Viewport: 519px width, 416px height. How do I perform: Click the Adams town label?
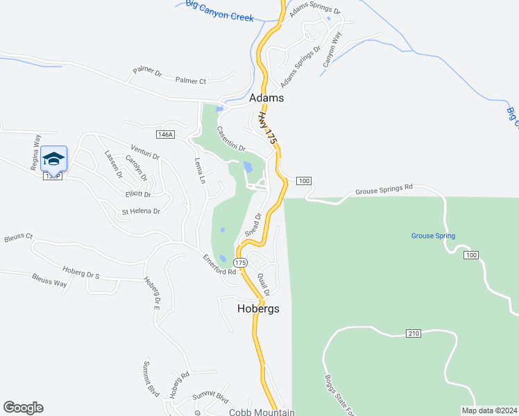[x=266, y=98]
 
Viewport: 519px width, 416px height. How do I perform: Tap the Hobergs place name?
[x=258, y=309]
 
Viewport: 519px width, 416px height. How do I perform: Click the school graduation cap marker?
[x=53, y=159]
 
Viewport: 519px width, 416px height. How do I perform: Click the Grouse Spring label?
[x=433, y=236]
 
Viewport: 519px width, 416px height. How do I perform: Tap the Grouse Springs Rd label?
[x=384, y=188]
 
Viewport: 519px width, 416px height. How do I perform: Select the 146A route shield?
[x=164, y=135]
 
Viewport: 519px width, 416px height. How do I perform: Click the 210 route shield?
[x=414, y=334]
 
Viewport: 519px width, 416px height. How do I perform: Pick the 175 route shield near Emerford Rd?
[x=240, y=263]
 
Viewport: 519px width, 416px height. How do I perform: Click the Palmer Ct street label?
[x=191, y=80]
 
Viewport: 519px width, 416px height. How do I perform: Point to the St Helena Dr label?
[x=141, y=211]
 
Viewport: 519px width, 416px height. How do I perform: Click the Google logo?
[x=23, y=408]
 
